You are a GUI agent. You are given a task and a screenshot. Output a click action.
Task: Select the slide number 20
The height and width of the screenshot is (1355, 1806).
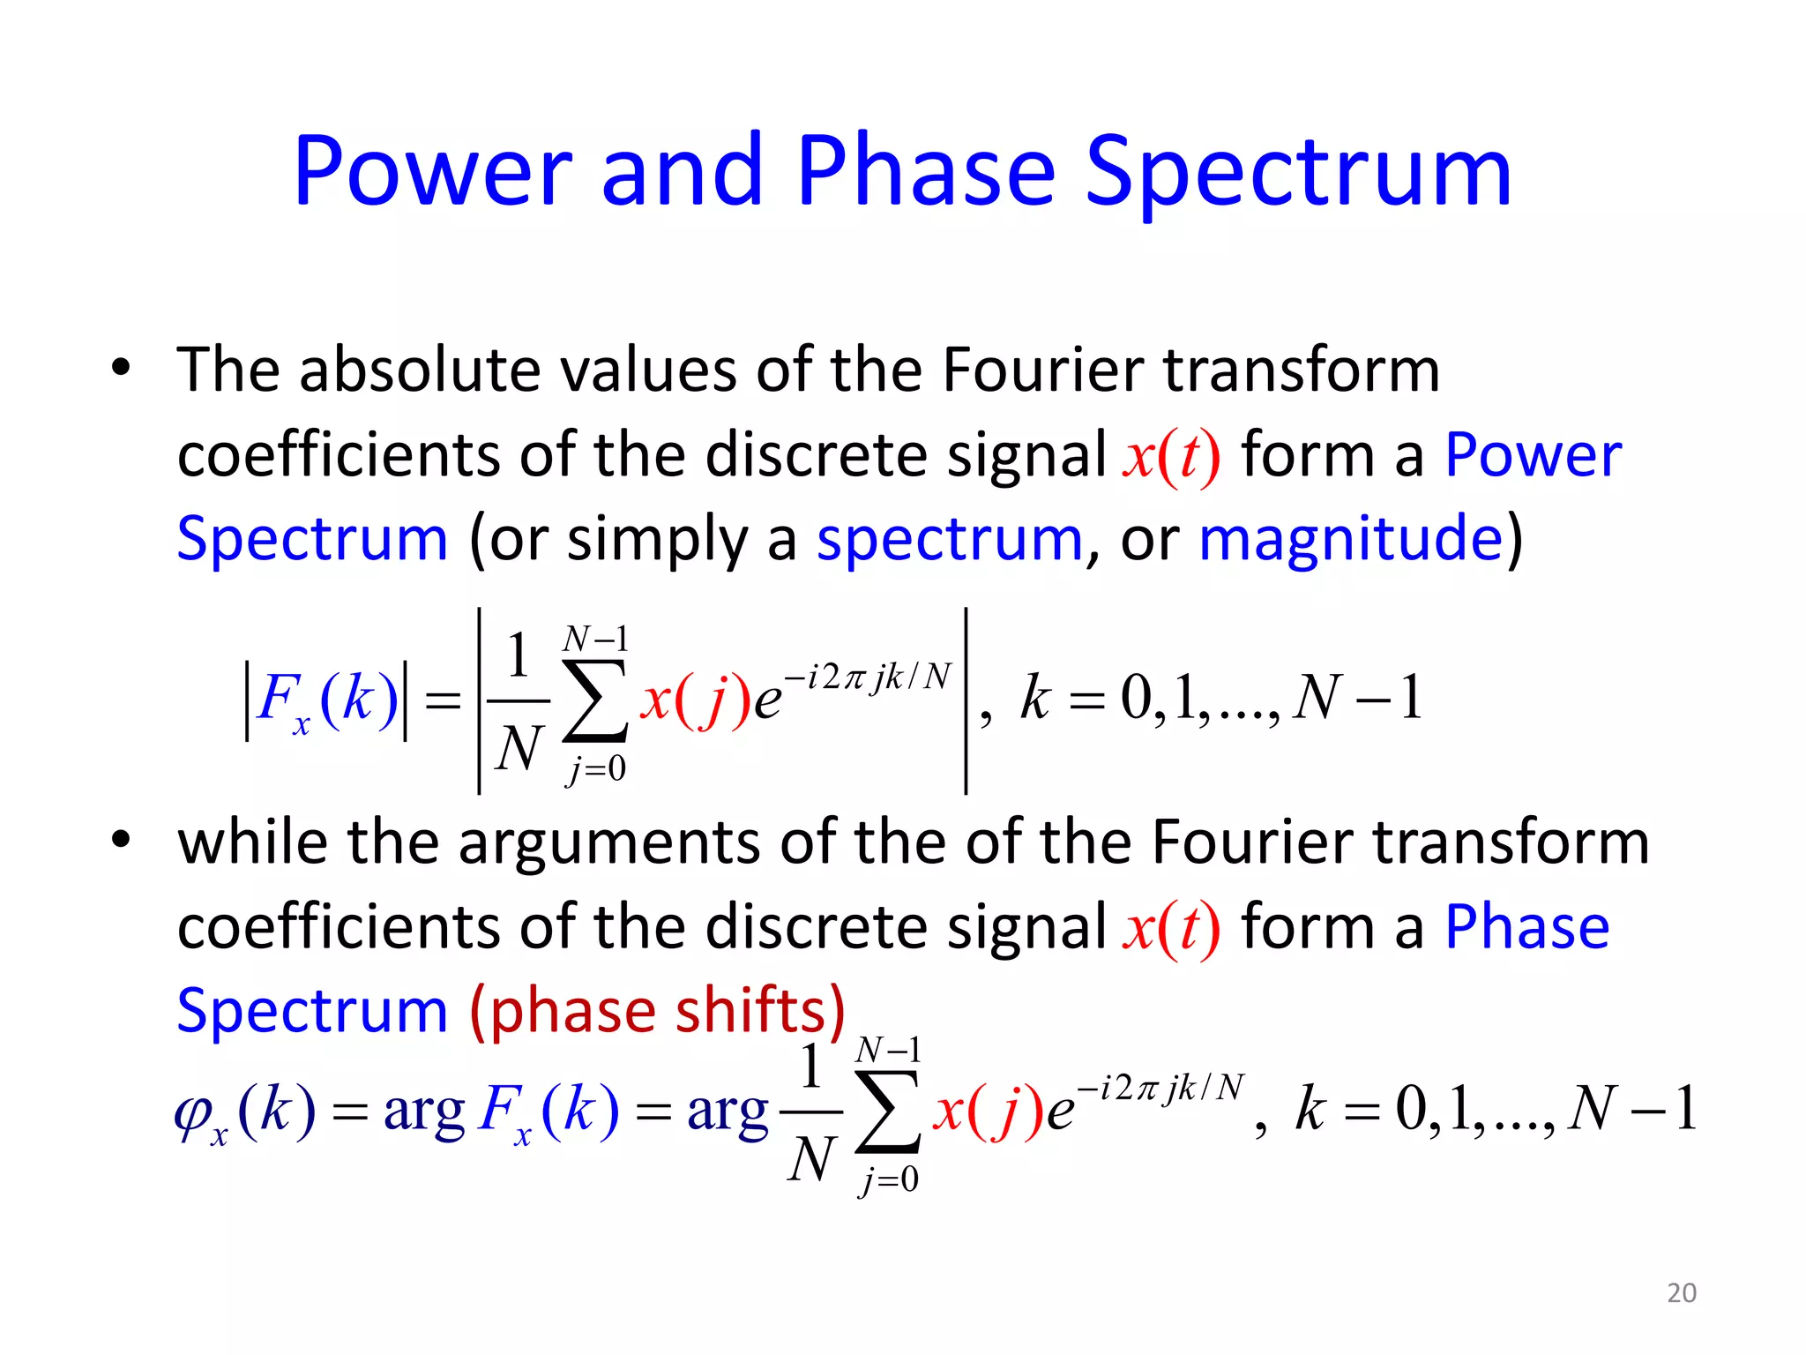coord(1681,1292)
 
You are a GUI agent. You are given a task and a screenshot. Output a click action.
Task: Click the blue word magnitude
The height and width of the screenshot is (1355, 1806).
coord(1350,539)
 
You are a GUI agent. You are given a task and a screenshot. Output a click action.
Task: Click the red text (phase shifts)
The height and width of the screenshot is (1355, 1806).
coord(658,1010)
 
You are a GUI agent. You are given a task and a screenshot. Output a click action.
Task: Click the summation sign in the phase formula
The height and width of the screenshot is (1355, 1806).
coord(888,1113)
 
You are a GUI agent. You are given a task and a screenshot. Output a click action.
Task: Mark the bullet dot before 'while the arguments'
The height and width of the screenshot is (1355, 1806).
coord(121,840)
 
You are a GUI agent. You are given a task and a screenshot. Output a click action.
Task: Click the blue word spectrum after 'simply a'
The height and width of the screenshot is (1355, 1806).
coord(949,539)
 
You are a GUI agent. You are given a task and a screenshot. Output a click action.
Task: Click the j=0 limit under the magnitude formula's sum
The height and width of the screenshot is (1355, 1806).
coord(596,769)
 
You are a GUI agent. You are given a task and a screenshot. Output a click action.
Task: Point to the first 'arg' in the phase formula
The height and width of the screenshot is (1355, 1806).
coord(424,1112)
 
